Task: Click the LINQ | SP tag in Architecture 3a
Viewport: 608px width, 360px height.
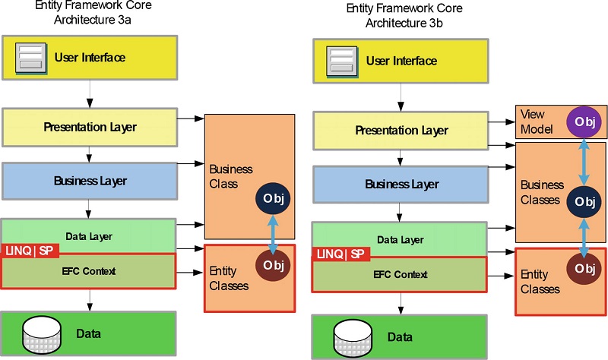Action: click(x=30, y=250)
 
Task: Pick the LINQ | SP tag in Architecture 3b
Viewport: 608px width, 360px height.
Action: click(x=341, y=254)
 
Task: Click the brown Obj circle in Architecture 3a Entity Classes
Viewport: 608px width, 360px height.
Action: click(x=272, y=265)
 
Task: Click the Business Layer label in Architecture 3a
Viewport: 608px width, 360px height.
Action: click(x=90, y=181)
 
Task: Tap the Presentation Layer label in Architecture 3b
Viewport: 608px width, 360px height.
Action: click(x=401, y=131)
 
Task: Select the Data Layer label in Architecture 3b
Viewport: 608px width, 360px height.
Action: click(x=401, y=240)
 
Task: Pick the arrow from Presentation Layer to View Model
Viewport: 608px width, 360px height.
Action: click(x=502, y=120)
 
